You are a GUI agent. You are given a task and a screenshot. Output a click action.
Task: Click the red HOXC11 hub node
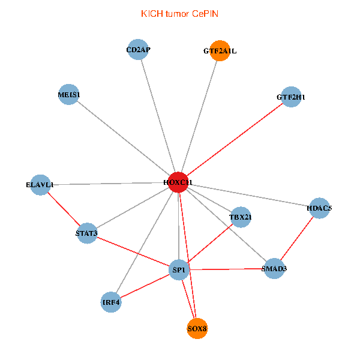(x=178, y=182)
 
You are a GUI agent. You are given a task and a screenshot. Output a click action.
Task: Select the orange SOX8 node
(x=197, y=328)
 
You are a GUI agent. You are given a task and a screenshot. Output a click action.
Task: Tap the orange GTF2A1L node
(x=220, y=51)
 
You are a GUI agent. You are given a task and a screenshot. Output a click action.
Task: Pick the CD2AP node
(x=138, y=50)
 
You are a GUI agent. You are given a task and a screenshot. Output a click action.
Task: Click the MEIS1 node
(x=68, y=94)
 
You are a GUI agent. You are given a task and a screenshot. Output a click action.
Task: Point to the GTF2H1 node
(x=291, y=97)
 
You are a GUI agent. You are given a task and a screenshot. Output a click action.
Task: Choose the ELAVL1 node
(x=40, y=185)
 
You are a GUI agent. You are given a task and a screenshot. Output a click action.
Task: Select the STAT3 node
(x=87, y=233)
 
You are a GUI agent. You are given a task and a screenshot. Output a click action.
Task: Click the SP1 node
(x=179, y=270)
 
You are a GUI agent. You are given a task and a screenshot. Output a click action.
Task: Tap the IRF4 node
(x=111, y=302)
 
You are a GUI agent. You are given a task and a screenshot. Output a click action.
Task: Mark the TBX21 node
(x=241, y=217)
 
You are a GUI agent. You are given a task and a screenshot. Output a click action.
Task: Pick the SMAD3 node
(x=274, y=268)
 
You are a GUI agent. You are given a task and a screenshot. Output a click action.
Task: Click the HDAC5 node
(x=319, y=208)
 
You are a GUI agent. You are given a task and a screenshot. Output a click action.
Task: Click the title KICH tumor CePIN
(x=179, y=14)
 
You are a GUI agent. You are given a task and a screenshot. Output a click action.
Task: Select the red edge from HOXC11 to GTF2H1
(x=235, y=140)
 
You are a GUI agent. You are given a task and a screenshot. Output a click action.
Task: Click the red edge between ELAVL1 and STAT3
(x=64, y=209)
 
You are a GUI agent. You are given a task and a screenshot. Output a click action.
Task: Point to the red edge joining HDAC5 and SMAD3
(x=297, y=238)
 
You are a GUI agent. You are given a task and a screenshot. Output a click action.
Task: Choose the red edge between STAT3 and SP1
(x=133, y=251)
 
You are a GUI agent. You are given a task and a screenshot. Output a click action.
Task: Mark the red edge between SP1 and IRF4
(x=145, y=286)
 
